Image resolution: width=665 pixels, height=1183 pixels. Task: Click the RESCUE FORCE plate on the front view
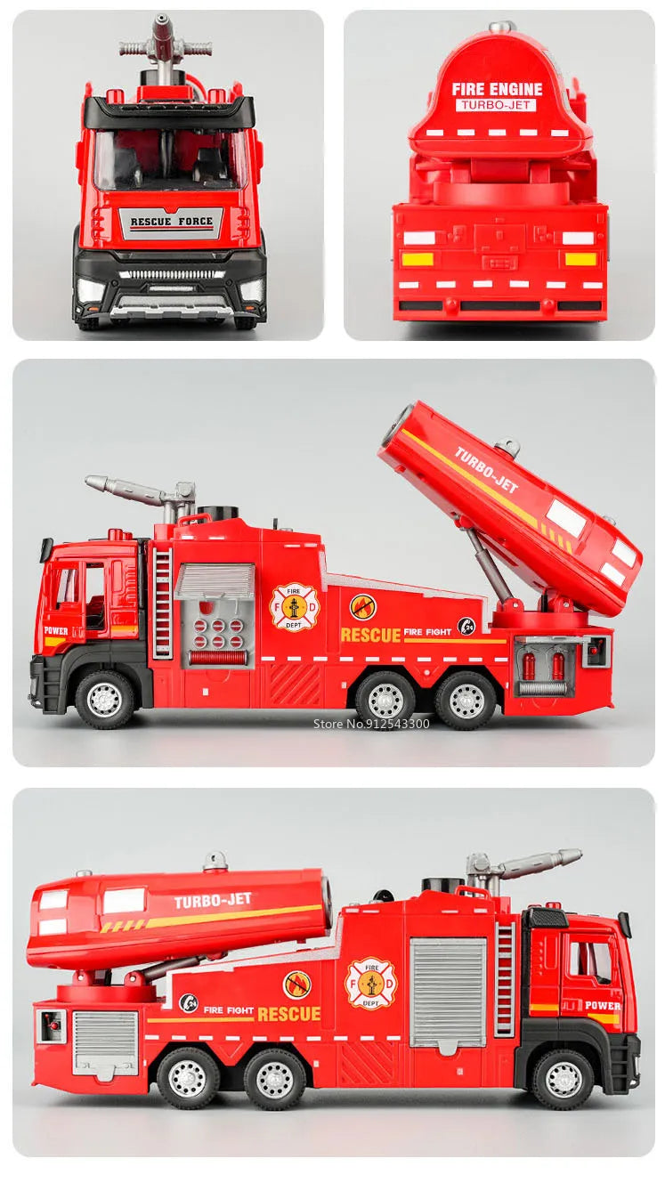coord(171,222)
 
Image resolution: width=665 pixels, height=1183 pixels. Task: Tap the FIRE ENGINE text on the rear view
coord(497,88)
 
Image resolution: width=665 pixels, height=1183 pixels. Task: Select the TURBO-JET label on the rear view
coord(497,105)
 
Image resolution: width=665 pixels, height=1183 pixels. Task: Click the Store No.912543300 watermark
coord(371,723)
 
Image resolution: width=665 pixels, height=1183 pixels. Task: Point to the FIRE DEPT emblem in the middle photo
coord(293,607)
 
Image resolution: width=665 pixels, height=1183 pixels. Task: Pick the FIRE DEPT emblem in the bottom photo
coord(370,983)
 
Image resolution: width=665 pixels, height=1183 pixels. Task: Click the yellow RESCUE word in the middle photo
coord(370,635)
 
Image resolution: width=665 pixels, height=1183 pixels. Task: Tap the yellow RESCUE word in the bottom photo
coord(288,1013)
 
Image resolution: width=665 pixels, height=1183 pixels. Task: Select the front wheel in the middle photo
coord(104,699)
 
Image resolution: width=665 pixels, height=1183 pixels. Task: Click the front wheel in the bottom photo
coord(564,1078)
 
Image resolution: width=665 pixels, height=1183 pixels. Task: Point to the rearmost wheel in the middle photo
coord(466,701)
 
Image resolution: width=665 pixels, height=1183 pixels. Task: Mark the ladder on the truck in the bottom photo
coord(505,979)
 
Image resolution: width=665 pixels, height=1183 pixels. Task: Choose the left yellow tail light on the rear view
coord(418,259)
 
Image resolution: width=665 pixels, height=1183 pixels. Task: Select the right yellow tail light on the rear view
coord(580,259)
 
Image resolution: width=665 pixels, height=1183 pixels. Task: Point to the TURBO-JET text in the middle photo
coord(486,470)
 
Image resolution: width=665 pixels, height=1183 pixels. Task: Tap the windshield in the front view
coord(170,160)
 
